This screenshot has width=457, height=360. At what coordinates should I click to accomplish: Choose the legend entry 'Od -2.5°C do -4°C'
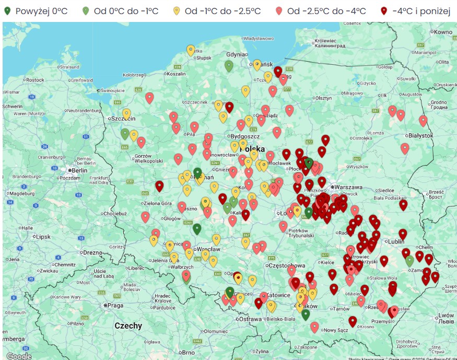pyautogui.click(x=322, y=11)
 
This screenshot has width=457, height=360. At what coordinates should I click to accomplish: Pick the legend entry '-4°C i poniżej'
pyautogui.click(x=416, y=11)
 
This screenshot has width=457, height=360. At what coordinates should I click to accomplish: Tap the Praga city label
pyautogui.click(x=115, y=305)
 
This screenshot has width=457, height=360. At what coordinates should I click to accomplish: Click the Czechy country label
pyautogui.click(x=128, y=326)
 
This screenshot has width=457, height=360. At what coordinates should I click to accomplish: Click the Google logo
pyautogui.click(x=19, y=356)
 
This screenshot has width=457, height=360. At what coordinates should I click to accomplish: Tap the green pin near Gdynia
pyautogui.click(x=229, y=66)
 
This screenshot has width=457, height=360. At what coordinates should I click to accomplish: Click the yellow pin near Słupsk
pyautogui.click(x=191, y=50)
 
